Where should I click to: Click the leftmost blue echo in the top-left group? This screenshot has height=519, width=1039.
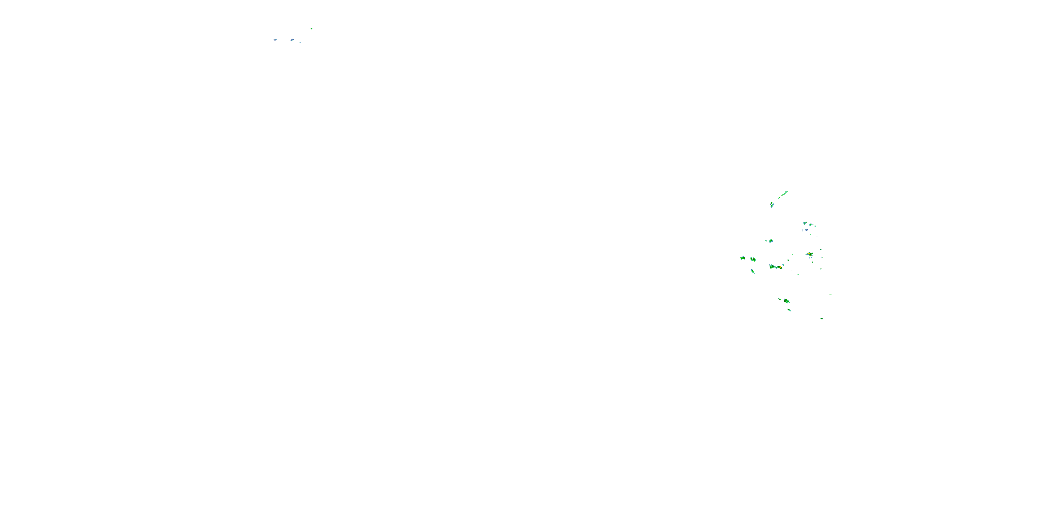point(275,40)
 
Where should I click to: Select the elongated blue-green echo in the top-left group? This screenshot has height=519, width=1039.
point(292,40)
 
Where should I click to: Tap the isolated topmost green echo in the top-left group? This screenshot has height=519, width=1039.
point(311,28)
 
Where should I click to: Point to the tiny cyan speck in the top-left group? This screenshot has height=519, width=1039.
point(300,42)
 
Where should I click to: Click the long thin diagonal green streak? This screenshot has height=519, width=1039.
point(782,195)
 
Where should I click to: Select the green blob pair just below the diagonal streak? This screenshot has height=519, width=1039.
point(772,205)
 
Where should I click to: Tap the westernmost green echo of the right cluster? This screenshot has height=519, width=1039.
point(743,257)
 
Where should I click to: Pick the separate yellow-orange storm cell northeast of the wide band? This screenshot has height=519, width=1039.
point(809,254)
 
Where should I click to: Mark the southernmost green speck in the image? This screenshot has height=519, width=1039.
point(822,319)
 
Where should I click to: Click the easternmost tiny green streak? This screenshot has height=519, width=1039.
point(831,294)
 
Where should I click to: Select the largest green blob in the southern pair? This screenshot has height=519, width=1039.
point(787,301)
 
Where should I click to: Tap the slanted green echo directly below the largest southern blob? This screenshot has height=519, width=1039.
point(789,310)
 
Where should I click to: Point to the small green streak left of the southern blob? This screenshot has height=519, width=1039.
point(779,299)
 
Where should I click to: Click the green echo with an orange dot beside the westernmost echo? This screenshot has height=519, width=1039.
point(753,259)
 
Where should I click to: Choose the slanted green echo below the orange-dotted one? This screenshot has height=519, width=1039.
point(753,271)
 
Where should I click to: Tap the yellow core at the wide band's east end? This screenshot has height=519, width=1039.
point(780,267)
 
